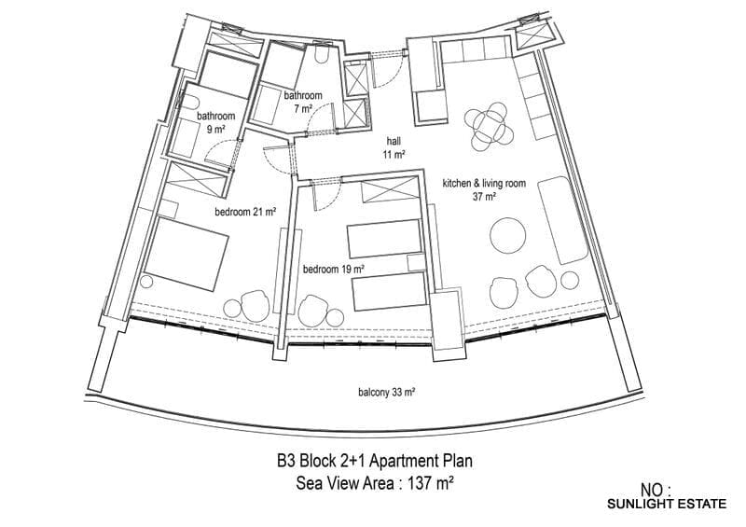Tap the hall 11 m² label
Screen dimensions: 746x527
click(394, 147)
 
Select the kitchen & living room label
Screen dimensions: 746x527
click(484, 183)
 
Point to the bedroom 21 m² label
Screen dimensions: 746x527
click(245, 212)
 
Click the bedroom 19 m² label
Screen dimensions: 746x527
click(334, 270)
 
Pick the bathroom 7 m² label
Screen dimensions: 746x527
click(303, 102)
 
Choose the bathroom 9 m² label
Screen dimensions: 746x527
click(216, 122)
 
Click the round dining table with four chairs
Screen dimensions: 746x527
click(489, 127)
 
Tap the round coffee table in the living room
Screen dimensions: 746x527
click(508, 236)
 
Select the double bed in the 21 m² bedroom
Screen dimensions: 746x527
click(185, 254)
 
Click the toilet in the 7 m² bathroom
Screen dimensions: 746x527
click(322, 54)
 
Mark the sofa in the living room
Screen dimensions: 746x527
click(563, 220)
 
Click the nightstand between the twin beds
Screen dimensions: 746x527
click(417, 263)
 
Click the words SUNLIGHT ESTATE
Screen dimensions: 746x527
click(667, 504)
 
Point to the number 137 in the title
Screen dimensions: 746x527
click(416, 484)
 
